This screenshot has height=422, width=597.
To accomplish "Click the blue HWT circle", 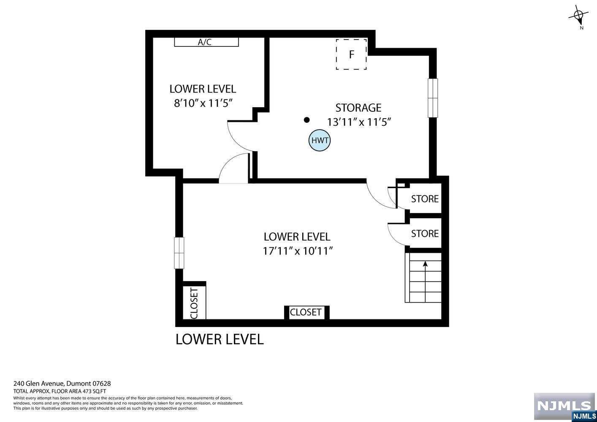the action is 320,140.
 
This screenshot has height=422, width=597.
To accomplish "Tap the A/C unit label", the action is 205,42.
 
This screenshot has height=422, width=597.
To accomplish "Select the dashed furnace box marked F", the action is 351,54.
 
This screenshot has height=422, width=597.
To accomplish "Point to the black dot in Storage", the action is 307,120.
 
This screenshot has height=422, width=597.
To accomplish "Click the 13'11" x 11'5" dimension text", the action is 359,122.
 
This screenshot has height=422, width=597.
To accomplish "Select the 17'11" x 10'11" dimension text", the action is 298,251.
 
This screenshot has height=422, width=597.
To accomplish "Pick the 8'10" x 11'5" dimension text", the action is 204,103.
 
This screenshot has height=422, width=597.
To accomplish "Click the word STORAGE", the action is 358,108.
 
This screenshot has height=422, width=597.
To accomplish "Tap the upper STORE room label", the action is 425,199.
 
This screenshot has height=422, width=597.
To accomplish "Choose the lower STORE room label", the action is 425,233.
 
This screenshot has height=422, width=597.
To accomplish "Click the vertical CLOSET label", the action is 194,303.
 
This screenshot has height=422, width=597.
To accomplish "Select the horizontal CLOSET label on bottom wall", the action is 305,312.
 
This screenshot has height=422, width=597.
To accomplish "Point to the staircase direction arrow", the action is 425,281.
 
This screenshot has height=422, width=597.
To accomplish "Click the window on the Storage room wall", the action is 433,98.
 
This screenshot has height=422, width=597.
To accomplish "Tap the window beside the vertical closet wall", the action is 179,253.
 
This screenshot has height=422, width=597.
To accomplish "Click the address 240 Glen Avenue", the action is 39,384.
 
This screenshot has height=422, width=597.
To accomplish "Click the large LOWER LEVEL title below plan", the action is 220,339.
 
